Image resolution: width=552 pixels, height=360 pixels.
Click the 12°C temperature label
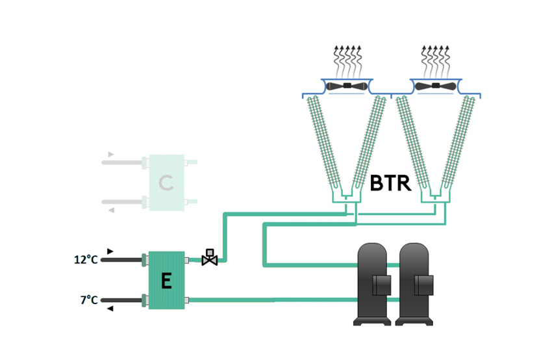click(86, 260)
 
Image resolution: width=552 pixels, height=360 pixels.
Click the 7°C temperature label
click(89, 300)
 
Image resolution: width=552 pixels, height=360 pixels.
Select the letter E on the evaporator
click(166, 281)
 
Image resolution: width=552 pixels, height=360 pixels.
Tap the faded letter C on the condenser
click(166, 183)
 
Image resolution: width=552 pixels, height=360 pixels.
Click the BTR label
click(390, 183)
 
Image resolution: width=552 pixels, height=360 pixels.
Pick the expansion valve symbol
click(210, 257)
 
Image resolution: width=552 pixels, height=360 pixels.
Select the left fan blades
click(347, 86)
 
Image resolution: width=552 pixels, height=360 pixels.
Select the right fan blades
click(434, 86)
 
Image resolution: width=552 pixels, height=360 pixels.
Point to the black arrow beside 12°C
click(110, 251)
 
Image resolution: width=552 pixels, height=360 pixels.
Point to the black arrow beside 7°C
click(110, 309)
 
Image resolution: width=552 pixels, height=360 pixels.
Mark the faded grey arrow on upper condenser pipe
click(111, 154)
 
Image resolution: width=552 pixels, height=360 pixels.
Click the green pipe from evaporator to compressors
click(273, 300)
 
